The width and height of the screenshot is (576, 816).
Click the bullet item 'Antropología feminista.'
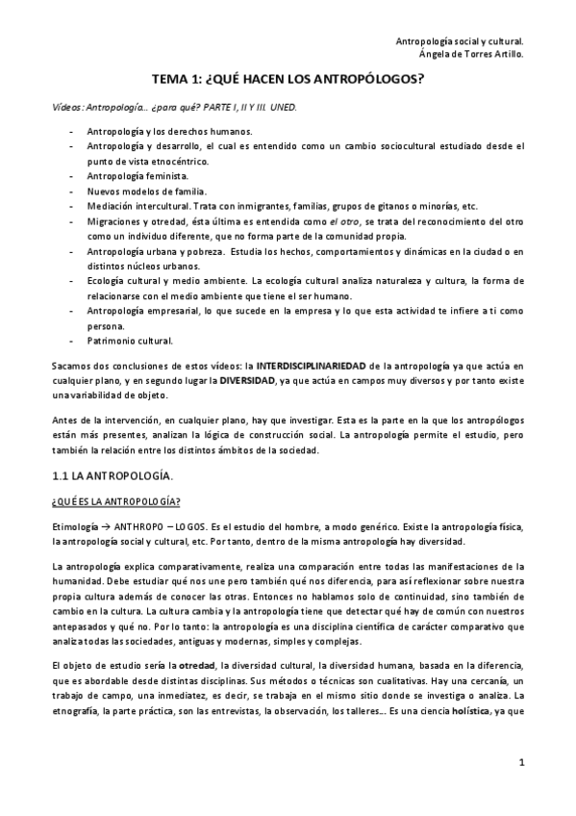click(x=138, y=176)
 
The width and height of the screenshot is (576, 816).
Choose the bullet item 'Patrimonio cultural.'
click(x=131, y=341)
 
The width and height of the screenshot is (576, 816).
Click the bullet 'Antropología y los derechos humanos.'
click(x=169, y=130)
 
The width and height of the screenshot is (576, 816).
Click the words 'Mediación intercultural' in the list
click(x=139, y=206)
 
